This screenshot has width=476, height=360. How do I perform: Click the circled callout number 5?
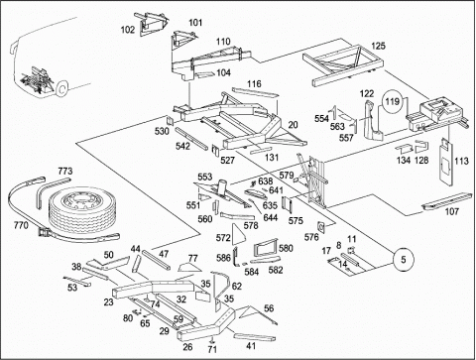pyautogui.click(x=404, y=260)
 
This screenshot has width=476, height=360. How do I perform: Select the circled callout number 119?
pyautogui.click(x=393, y=101)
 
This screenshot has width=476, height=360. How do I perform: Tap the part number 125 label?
pyautogui.click(x=378, y=46)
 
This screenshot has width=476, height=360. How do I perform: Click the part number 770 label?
pyautogui.click(x=21, y=225)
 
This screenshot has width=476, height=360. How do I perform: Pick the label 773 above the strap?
pyautogui.click(x=65, y=172)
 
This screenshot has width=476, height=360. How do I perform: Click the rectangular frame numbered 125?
pyautogui.click(x=344, y=65)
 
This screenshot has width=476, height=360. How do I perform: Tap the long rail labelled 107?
pyautogui.click(x=447, y=200)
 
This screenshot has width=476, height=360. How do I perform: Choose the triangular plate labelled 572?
pyautogui.click(x=237, y=235)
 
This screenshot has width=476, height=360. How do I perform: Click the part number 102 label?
pyautogui.click(x=128, y=30)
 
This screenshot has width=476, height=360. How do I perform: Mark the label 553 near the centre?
pyautogui.click(x=205, y=177)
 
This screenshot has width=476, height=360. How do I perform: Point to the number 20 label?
pyautogui.click(x=293, y=125)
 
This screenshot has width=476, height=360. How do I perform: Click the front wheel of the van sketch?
pyautogui.click(x=61, y=88)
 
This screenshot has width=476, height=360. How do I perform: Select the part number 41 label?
pyautogui.click(x=251, y=346)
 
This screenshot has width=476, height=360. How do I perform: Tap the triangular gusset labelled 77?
pyautogui.click(x=190, y=267)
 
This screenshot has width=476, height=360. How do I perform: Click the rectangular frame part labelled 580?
pyautogui.click(x=265, y=247)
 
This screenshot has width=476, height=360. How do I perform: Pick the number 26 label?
pyautogui.click(x=187, y=347)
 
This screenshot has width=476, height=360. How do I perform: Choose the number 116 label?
pyautogui.click(x=254, y=83)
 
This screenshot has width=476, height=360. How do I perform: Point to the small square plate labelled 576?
pyautogui.click(x=321, y=227)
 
